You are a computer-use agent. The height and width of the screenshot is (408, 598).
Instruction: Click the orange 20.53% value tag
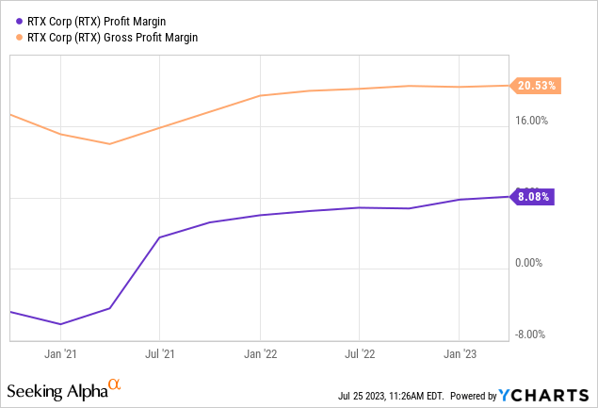537,86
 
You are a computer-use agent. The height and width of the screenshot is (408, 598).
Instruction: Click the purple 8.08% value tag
533,197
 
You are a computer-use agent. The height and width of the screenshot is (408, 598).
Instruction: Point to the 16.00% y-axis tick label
536,121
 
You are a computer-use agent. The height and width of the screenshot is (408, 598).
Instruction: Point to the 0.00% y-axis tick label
534,264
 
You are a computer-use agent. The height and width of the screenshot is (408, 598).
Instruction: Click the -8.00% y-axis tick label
534,334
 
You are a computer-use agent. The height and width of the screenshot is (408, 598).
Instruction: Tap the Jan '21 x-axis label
60,354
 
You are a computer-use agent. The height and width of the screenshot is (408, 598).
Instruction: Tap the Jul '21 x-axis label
160,354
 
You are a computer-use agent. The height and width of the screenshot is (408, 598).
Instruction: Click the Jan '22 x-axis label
260,354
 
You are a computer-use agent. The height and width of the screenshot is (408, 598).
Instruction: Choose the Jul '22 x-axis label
359,354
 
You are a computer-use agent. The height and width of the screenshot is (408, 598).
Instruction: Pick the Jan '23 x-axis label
459,354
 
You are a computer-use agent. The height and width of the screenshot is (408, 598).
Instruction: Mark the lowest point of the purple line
61,324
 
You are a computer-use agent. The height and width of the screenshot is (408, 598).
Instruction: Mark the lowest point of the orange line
110,144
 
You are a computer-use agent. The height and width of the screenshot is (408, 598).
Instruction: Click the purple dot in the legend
20,20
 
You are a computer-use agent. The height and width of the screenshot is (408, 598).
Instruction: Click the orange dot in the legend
20,36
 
